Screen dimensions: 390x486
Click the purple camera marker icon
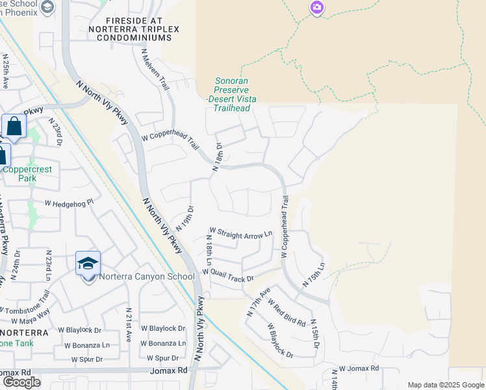pyautogui.click(x=317, y=8)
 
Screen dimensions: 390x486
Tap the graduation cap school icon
pyautogui.click(x=88, y=263)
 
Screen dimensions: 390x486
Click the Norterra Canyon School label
pyautogui.click(x=147, y=277)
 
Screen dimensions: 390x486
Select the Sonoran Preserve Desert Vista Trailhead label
pyautogui.click(x=232, y=95)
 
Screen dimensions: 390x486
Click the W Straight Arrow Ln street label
pyautogui.click(x=240, y=233)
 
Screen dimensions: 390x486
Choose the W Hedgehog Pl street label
pyautogui.click(x=70, y=203)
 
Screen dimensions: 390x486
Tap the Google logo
pyautogui.click(x=21, y=382)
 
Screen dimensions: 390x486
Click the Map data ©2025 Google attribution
pyautogui.click(x=444, y=385)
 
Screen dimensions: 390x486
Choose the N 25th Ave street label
pyautogui.click(x=5, y=71)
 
